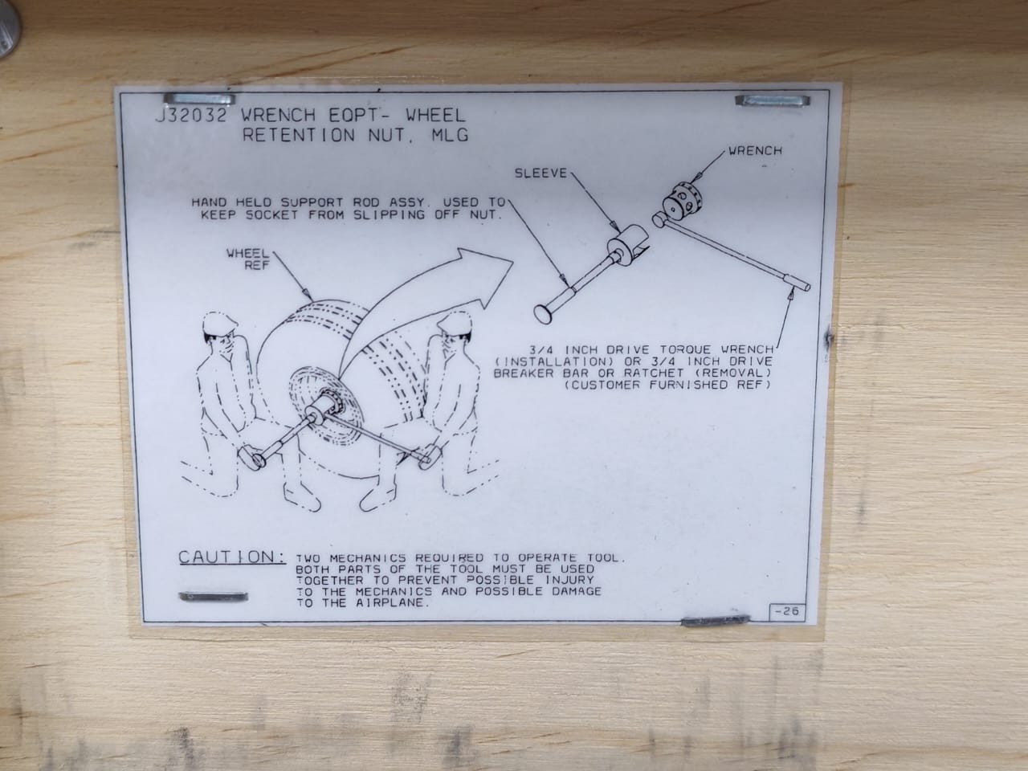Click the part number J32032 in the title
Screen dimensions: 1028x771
click(190, 115)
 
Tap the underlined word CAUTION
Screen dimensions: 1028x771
click(232, 557)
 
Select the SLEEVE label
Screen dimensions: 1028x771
click(541, 173)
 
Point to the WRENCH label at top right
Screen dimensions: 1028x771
click(756, 151)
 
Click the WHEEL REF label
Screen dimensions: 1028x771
click(248, 259)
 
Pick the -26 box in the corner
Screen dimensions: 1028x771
click(787, 612)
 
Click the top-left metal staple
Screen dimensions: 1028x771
click(199, 99)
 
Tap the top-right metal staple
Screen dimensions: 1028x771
click(773, 100)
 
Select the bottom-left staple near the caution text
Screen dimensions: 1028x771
click(213, 597)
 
